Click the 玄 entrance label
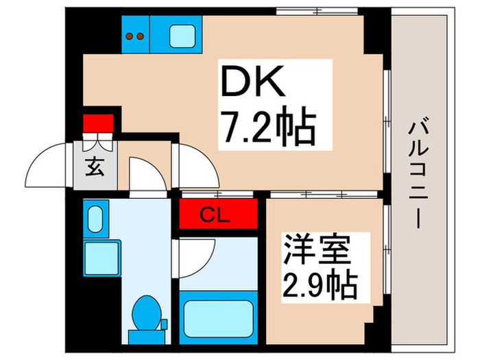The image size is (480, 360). coord(95,167)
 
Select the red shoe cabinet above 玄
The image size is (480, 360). coord(97,123)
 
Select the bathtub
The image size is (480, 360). coord(217,309)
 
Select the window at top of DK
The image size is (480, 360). coord(317,12)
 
